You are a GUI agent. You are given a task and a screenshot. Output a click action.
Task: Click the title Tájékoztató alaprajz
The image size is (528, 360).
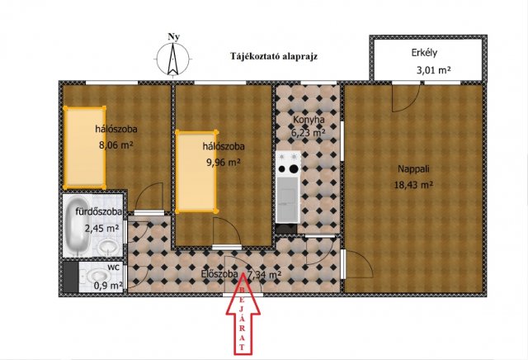click(274, 56)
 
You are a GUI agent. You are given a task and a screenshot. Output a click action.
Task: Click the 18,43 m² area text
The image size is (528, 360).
click(413, 185)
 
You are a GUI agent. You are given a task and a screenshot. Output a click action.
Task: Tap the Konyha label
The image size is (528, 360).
click(308, 119)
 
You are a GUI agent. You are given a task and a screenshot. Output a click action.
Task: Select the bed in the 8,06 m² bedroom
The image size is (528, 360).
click(85, 146)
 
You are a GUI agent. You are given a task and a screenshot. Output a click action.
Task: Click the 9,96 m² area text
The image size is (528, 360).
click(222, 162)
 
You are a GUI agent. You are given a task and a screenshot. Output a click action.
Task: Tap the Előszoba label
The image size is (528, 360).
click(220, 274)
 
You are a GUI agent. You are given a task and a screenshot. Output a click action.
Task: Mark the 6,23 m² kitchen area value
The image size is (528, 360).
click(309, 131)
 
